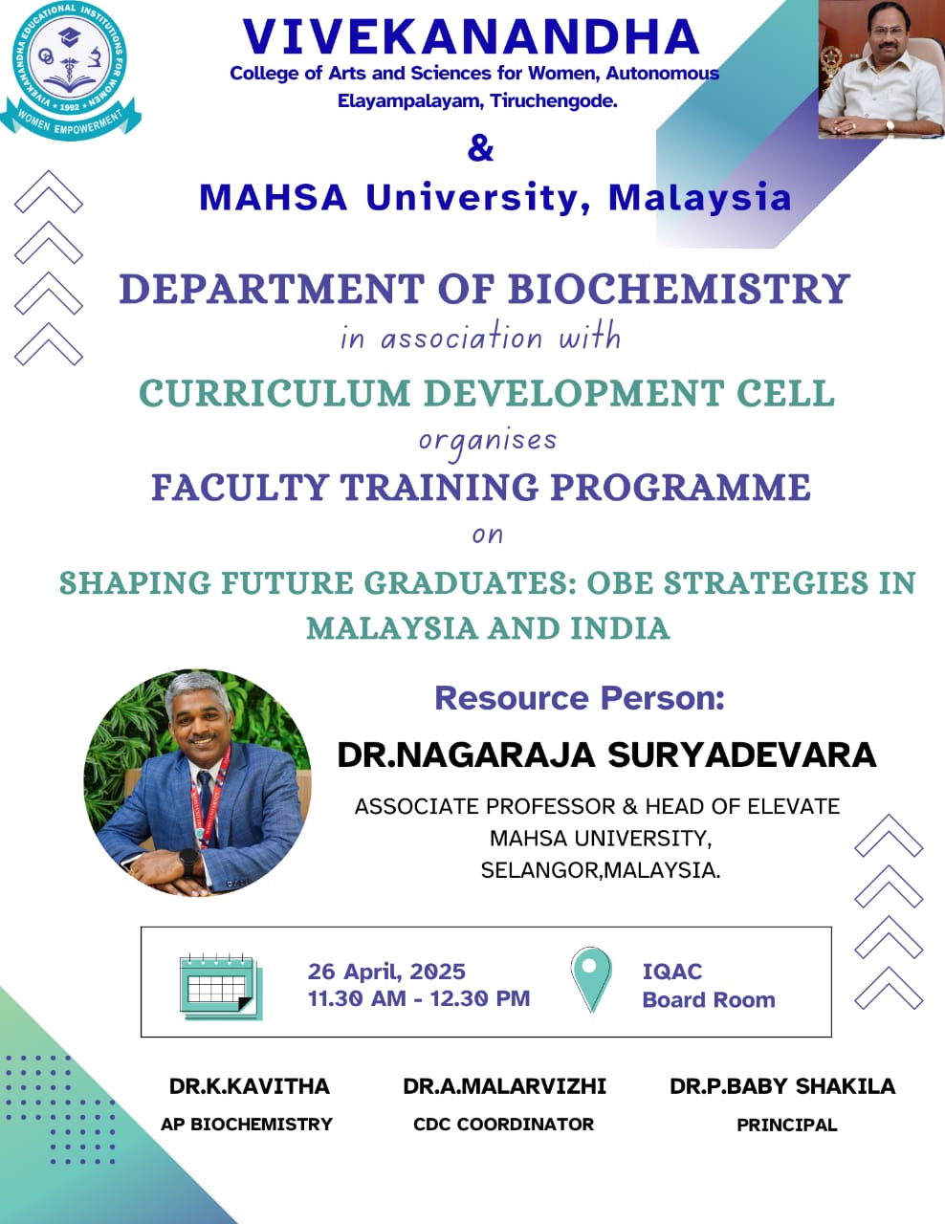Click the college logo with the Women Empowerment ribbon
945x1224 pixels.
(71, 71)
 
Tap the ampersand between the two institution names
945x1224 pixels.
(480, 149)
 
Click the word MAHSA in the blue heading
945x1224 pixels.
(274, 198)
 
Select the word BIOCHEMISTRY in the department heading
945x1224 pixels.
(678, 289)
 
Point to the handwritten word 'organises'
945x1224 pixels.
(488, 442)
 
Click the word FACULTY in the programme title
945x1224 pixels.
(240, 487)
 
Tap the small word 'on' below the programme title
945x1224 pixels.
(488, 535)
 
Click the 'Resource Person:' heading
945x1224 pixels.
(580, 698)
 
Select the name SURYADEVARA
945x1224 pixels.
(742, 754)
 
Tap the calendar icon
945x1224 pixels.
(221, 987)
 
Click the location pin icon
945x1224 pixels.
(591, 979)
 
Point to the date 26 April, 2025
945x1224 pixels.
(386, 972)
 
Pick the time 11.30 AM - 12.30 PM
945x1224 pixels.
(418, 998)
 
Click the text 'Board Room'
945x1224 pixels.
(709, 1000)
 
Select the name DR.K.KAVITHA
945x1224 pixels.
(250, 1086)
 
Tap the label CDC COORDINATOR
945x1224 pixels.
(503, 1125)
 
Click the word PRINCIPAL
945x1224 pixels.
(787, 1125)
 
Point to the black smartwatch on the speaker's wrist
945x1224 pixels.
(188, 862)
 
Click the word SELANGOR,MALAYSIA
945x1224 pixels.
(601, 870)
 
